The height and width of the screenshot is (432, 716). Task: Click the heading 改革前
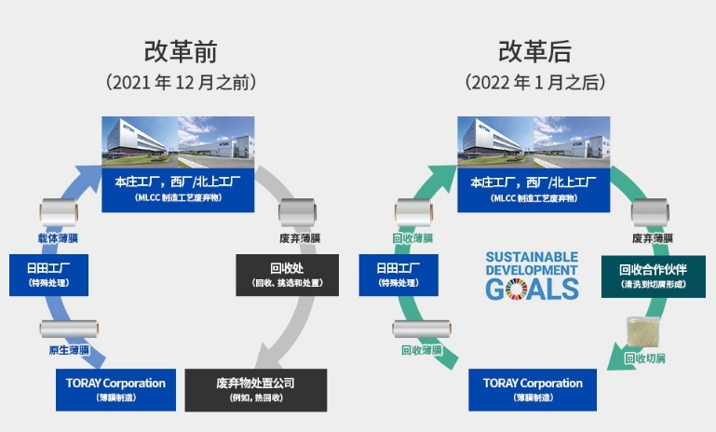tap(181, 51)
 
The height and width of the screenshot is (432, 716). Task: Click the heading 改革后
tap(534, 51)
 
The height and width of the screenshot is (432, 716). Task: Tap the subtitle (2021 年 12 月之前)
tap(181, 82)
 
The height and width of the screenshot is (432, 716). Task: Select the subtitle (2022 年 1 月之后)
tap(535, 82)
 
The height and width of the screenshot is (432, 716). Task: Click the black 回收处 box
tap(287, 275)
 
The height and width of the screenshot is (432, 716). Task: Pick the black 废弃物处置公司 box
tap(256, 390)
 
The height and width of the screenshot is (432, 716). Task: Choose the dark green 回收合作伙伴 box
tap(653, 277)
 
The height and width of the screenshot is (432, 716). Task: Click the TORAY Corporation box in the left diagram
tap(115, 389)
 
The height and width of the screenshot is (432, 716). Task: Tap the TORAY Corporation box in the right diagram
tap(533, 389)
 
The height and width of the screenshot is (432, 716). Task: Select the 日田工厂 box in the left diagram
tap(48, 275)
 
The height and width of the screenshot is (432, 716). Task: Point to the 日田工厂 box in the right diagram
tap(399, 275)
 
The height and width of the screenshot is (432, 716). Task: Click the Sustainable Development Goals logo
tap(532, 277)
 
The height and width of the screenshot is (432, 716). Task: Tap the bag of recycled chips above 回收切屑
tap(643, 332)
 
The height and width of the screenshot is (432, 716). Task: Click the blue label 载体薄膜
tap(58, 238)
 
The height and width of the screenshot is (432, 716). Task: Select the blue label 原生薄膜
tap(70, 350)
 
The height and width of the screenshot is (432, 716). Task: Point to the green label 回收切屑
tap(644, 358)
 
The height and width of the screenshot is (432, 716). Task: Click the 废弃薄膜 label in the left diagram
tap(300, 238)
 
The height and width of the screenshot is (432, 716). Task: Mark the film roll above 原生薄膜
tap(69, 329)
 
